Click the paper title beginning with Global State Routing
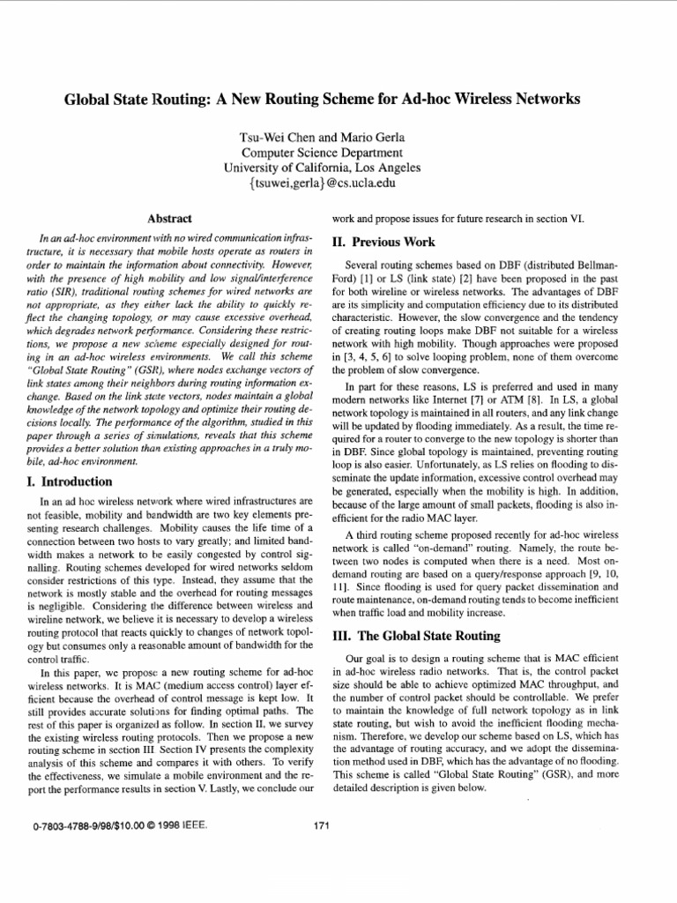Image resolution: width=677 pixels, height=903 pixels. click(x=323, y=100)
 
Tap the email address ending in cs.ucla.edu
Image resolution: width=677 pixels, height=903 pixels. click(x=323, y=183)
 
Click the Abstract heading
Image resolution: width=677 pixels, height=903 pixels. click(x=170, y=218)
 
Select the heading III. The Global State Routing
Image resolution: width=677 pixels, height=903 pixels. click(x=414, y=635)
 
